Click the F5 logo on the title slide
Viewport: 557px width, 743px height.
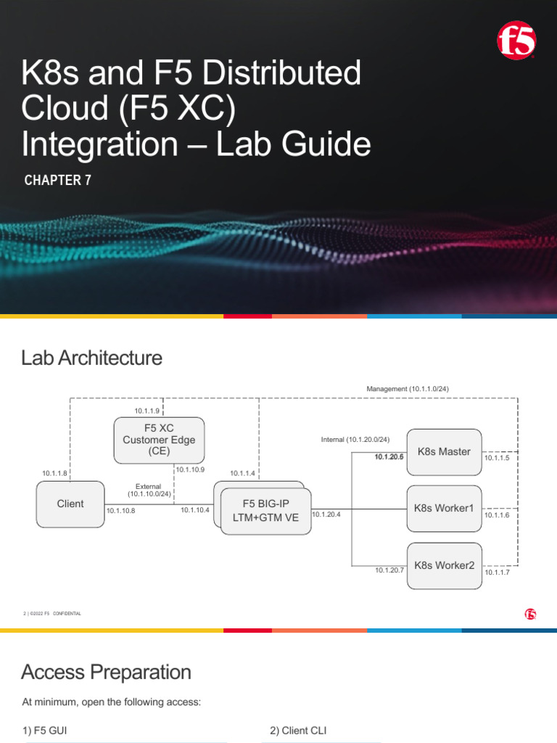(x=516, y=40)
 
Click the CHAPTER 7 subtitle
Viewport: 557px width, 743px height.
(x=58, y=181)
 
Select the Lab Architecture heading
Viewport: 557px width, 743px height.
(x=92, y=358)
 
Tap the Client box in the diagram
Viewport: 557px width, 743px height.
(x=70, y=504)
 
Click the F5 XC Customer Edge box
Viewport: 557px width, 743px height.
(x=159, y=440)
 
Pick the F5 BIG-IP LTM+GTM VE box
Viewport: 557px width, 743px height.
(x=265, y=511)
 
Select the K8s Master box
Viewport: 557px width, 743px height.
(x=444, y=451)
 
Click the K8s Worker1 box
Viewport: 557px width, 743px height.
(x=444, y=508)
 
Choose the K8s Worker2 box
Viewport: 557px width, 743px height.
(x=444, y=565)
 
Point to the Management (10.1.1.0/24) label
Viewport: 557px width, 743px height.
(x=408, y=389)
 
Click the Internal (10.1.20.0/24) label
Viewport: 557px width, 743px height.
(x=355, y=440)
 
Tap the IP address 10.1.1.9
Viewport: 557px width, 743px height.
(x=147, y=411)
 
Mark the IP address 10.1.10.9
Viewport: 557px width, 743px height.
(x=191, y=469)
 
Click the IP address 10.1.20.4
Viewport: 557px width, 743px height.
(x=326, y=514)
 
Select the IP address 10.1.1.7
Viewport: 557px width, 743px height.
(x=498, y=572)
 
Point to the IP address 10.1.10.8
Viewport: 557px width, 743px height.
(x=120, y=511)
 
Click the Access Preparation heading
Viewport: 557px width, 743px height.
(x=107, y=672)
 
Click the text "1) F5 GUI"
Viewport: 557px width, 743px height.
(x=46, y=731)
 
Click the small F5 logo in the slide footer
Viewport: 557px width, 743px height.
(x=530, y=614)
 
